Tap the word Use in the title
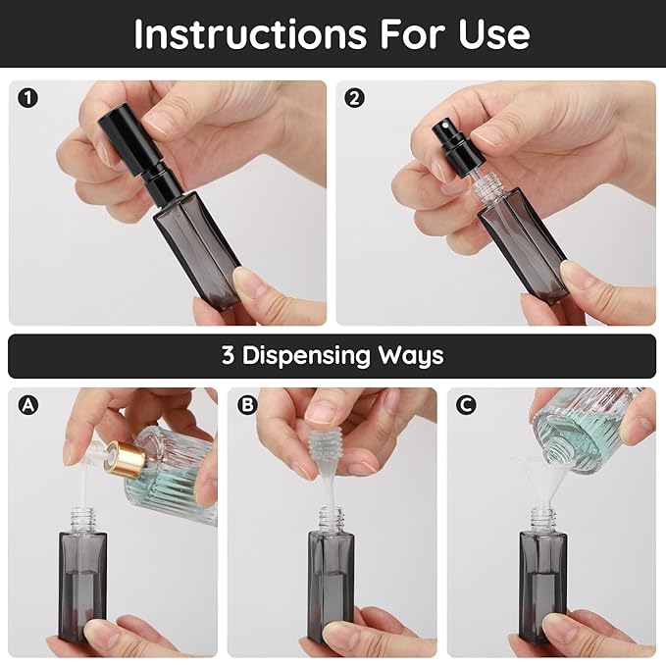[495, 34]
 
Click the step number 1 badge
[27, 98]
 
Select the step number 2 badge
[355, 98]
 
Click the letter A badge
[27, 405]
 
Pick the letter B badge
[246, 405]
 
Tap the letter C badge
[466, 405]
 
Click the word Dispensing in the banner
[312, 355]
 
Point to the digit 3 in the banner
[228, 355]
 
